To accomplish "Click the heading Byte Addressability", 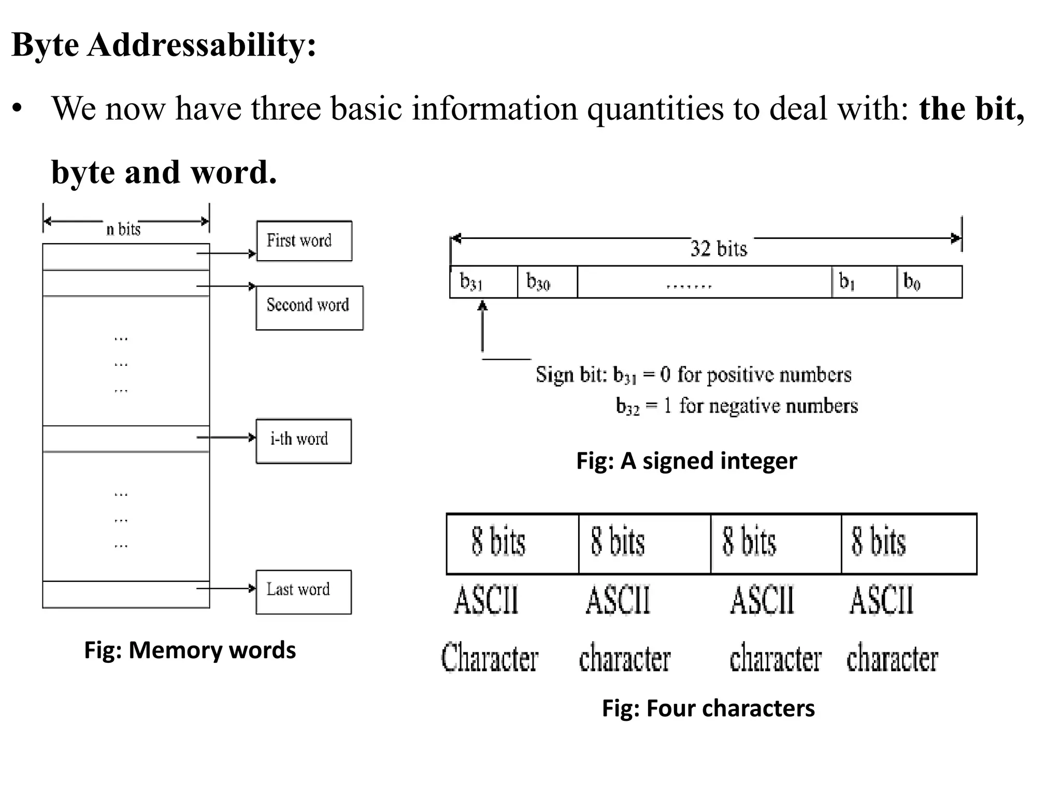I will [x=164, y=45].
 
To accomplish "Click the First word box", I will [x=304, y=241].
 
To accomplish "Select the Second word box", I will [x=309, y=308].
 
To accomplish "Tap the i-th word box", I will [x=304, y=441].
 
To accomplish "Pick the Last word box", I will [x=304, y=592].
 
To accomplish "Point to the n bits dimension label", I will [x=123, y=229].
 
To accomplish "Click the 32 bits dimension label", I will [x=719, y=249].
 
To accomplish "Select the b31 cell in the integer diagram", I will [x=483, y=282].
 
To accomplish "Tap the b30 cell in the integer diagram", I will [x=547, y=282].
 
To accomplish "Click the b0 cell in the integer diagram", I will [x=929, y=282].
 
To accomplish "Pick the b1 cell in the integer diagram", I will [x=864, y=282].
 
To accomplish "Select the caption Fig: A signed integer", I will [x=686, y=461].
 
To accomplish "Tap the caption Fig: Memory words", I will [x=190, y=650].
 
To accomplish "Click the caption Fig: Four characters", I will [x=708, y=708].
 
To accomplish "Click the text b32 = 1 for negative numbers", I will [x=736, y=406].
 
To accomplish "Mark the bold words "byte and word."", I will [x=164, y=172].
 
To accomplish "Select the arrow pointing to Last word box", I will [x=226, y=588].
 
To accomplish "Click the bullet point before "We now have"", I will [x=18, y=109].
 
